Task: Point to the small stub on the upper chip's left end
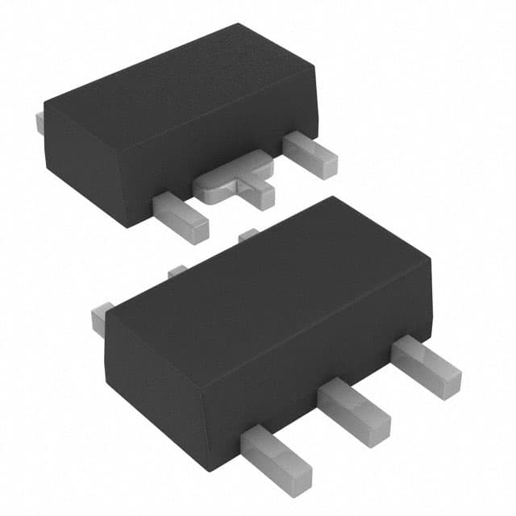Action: (x=40, y=122)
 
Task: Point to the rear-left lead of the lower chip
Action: (x=101, y=318)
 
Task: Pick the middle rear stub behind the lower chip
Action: (x=177, y=273)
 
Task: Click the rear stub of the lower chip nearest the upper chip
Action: (x=249, y=235)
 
